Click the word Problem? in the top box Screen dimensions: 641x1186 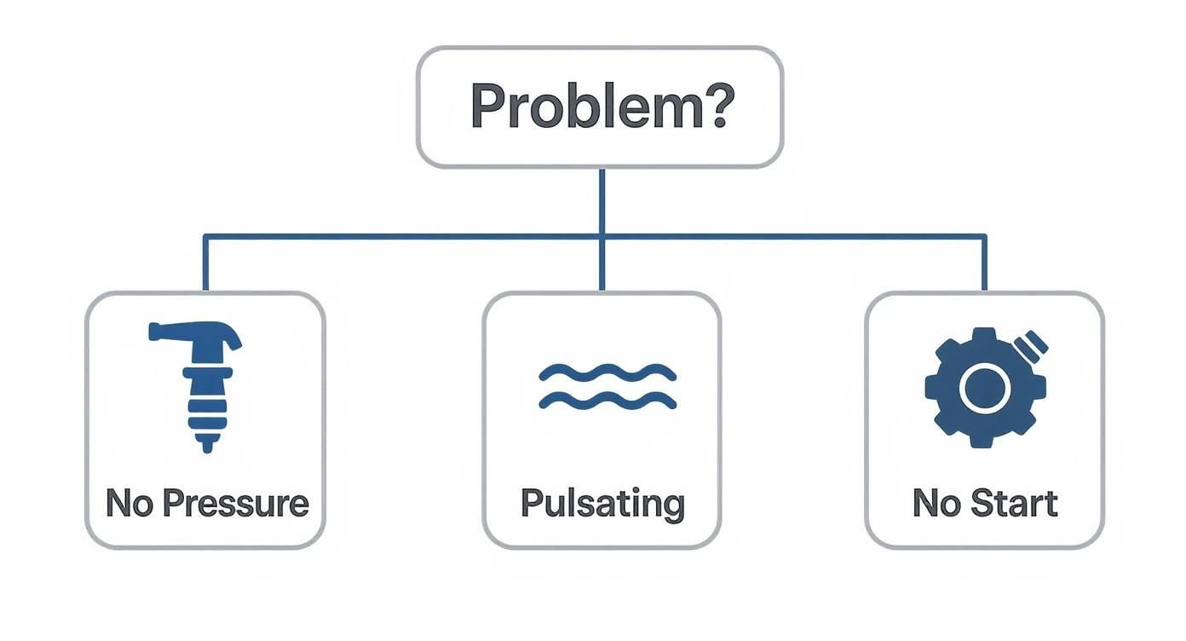(x=599, y=107)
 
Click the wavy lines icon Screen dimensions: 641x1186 (x=607, y=387)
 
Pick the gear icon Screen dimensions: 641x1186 (x=984, y=387)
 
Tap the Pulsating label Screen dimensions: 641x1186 (x=602, y=503)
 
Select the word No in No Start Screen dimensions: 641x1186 (x=934, y=503)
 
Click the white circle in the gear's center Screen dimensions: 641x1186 (x=984, y=387)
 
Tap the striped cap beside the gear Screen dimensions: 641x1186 (x=1034, y=344)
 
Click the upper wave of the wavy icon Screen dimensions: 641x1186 (x=607, y=372)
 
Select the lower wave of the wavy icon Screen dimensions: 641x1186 (x=607, y=401)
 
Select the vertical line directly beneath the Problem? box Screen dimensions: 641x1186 (x=602, y=200)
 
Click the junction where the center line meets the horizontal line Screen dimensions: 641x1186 (x=602, y=235)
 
